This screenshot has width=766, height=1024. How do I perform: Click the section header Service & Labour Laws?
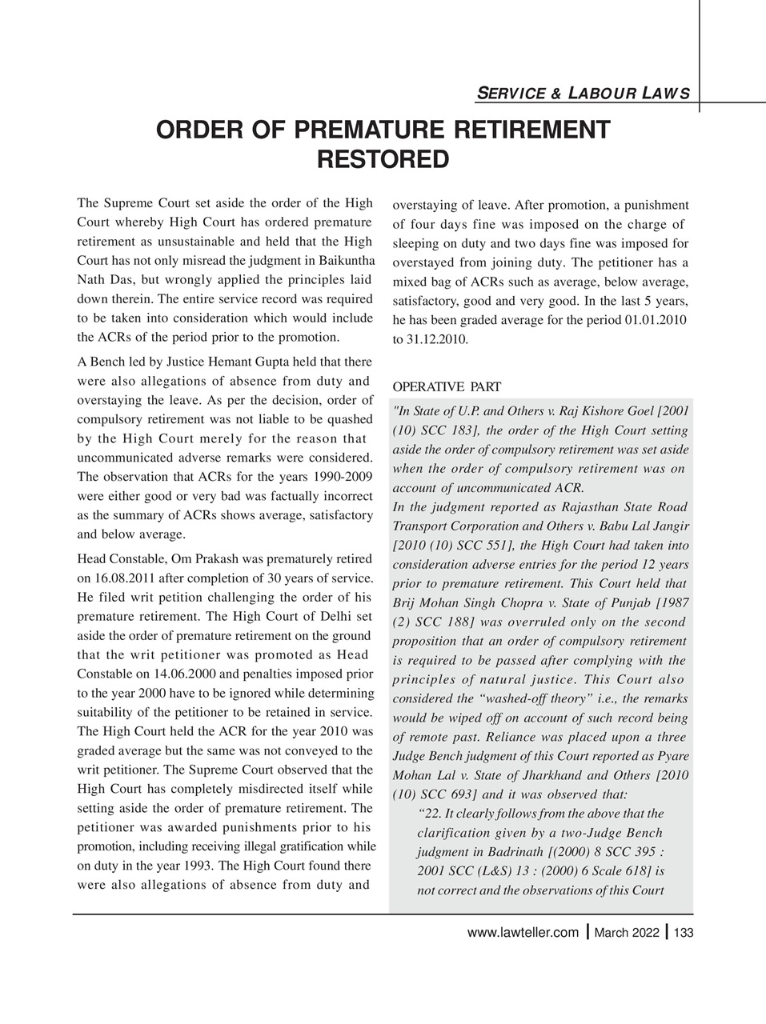tap(583, 93)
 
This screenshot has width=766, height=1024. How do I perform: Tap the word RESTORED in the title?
tap(383, 159)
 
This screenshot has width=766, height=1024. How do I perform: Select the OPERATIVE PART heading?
tap(447, 388)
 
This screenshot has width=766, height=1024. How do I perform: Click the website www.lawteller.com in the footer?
tap(522, 932)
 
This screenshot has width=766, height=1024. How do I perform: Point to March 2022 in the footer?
tap(627, 932)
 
